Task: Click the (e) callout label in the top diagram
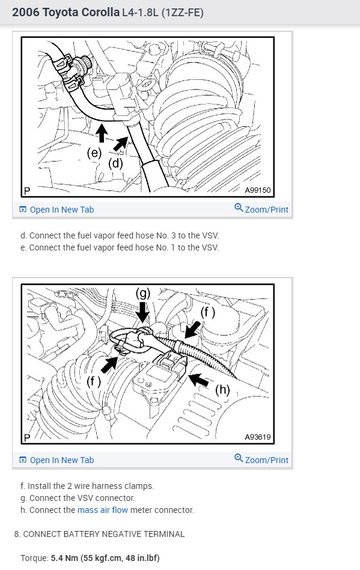(x=94, y=153)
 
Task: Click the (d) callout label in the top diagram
(x=115, y=163)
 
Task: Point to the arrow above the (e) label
(x=102, y=133)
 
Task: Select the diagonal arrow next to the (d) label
(x=121, y=144)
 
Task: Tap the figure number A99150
(x=258, y=190)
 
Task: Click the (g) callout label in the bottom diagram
(x=143, y=293)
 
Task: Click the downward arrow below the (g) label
(x=143, y=312)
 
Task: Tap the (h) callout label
(x=222, y=390)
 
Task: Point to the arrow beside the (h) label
(x=199, y=380)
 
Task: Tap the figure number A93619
(x=258, y=437)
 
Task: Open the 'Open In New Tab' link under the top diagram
(x=62, y=210)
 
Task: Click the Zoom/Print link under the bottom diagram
(x=267, y=460)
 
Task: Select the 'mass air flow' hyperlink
(x=103, y=510)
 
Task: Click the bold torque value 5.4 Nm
(x=64, y=558)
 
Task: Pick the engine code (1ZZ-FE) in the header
(x=183, y=13)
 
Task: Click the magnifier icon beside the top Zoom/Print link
(x=239, y=208)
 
